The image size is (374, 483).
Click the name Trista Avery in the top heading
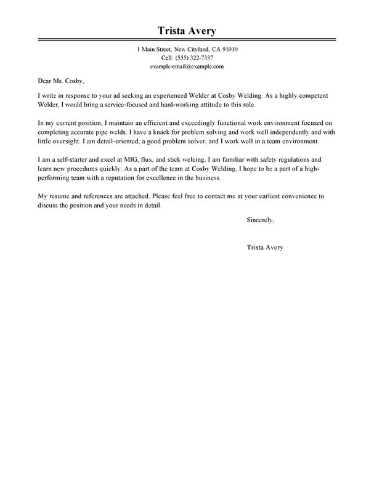(x=187, y=31)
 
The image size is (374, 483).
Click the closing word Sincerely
(x=261, y=220)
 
